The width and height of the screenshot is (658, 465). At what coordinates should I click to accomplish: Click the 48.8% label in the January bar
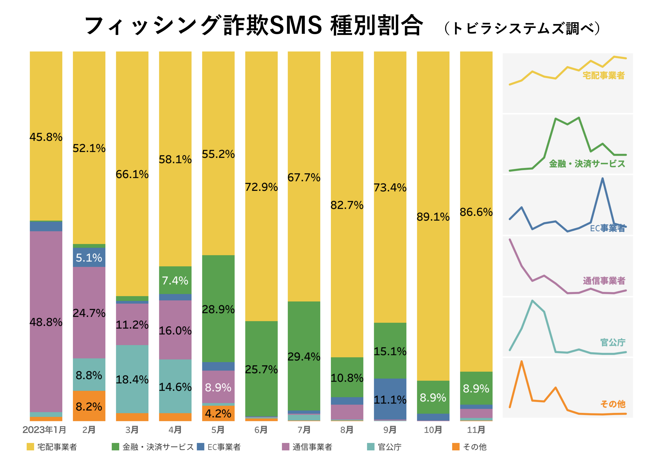tap(46, 322)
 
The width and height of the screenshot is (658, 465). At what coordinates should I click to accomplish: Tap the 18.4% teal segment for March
tap(132, 379)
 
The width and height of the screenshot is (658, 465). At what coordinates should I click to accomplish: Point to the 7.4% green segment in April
tap(175, 280)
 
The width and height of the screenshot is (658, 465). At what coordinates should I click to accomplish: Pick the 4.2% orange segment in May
tap(218, 413)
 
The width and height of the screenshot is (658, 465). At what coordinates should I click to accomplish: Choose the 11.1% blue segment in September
tap(390, 399)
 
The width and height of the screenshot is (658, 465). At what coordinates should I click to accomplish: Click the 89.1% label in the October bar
tap(433, 217)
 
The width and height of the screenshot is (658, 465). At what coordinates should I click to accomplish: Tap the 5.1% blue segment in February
tap(89, 258)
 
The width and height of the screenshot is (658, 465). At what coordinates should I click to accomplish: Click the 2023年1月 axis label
tap(44, 430)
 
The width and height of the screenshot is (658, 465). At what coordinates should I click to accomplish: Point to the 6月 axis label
tap(261, 430)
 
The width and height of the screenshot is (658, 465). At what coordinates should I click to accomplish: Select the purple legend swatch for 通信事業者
tap(285, 447)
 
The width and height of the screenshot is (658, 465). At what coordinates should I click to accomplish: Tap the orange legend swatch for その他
tap(456, 447)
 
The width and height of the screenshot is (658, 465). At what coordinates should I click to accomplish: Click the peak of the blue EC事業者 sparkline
tap(602, 179)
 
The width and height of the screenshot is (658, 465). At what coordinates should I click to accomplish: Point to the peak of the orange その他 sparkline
tap(521, 361)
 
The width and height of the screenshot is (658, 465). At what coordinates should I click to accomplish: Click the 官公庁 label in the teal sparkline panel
tap(613, 342)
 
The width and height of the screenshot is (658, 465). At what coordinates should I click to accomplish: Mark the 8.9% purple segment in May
tap(218, 387)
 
